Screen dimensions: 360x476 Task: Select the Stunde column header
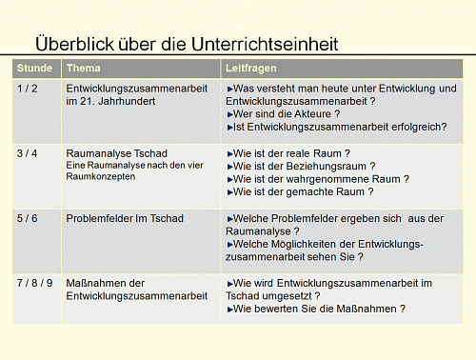(x=35, y=70)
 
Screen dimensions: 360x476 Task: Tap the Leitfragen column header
(x=252, y=70)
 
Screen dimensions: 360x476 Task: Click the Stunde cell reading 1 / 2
(x=28, y=88)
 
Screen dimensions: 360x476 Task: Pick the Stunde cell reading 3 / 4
(x=28, y=152)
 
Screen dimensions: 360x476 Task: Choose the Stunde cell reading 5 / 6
(x=28, y=218)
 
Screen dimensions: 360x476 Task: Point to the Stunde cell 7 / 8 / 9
(x=34, y=284)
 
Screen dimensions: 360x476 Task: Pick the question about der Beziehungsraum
(x=306, y=165)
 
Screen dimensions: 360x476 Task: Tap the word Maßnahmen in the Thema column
(x=99, y=284)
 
